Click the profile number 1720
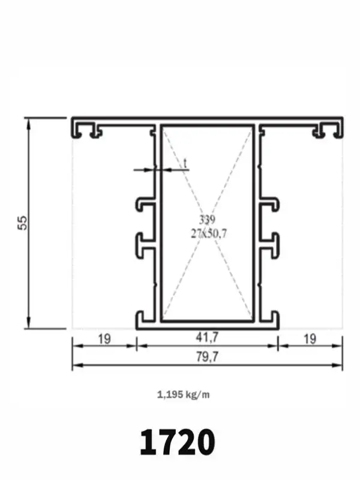pyautogui.click(x=178, y=442)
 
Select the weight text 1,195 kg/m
pyautogui.click(x=184, y=395)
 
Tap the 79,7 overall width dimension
pyautogui.click(x=207, y=356)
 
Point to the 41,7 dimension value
pyautogui.click(x=207, y=337)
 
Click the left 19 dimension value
pyautogui.click(x=104, y=339)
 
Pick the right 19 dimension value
pyautogui.click(x=310, y=339)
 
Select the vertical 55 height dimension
pyautogui.click(x=23, y=223)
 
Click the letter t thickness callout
pyautogui.click(x=185, y=163)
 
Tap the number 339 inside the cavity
pyautogui.click(x=207, y=220)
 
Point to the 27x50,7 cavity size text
pyautogui.click(x=209, y=234)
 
